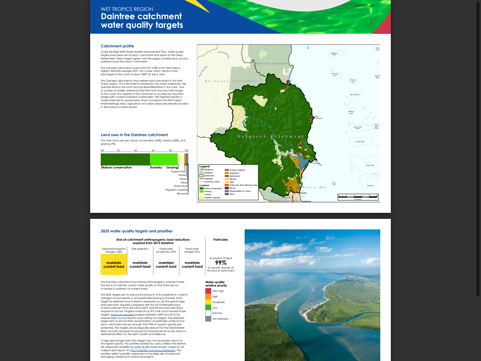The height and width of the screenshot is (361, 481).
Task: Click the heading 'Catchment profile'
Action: click(x=117, y=46)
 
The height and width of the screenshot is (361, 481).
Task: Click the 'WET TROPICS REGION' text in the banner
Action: click(x=127, y=9)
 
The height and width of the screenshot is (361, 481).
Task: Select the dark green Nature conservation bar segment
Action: click(x=125, y=159)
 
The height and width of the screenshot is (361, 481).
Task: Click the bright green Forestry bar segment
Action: click(x=164, y=159)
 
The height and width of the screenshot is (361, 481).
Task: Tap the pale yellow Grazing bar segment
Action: click(x=181, y=159)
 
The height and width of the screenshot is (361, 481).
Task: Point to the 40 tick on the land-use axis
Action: click(x=136, y=150)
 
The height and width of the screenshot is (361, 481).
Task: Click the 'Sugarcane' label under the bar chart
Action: click(x=177, y=171)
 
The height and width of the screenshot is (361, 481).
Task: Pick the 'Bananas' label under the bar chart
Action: click(x=182, y=194)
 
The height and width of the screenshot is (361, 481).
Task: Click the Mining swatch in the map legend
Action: click(x=227, y=188)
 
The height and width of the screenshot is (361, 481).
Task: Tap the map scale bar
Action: click(x=357, y=196)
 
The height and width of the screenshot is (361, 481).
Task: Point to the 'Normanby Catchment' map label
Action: click(x=231, y=81)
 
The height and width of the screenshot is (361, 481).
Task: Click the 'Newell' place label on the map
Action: click(x=303, y=193)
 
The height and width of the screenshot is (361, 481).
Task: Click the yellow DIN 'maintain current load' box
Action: click(x=114, y=264)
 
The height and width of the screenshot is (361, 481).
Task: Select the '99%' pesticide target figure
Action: click(x=221, y=263)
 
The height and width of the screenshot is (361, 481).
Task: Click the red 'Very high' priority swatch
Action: click(x=208, y=291)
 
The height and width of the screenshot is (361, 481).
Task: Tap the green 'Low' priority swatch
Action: click(x=208, y=308)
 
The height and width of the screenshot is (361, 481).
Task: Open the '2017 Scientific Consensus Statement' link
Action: click(x=153, y=350)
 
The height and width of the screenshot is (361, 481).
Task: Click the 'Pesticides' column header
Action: click(x=221, y=240)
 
